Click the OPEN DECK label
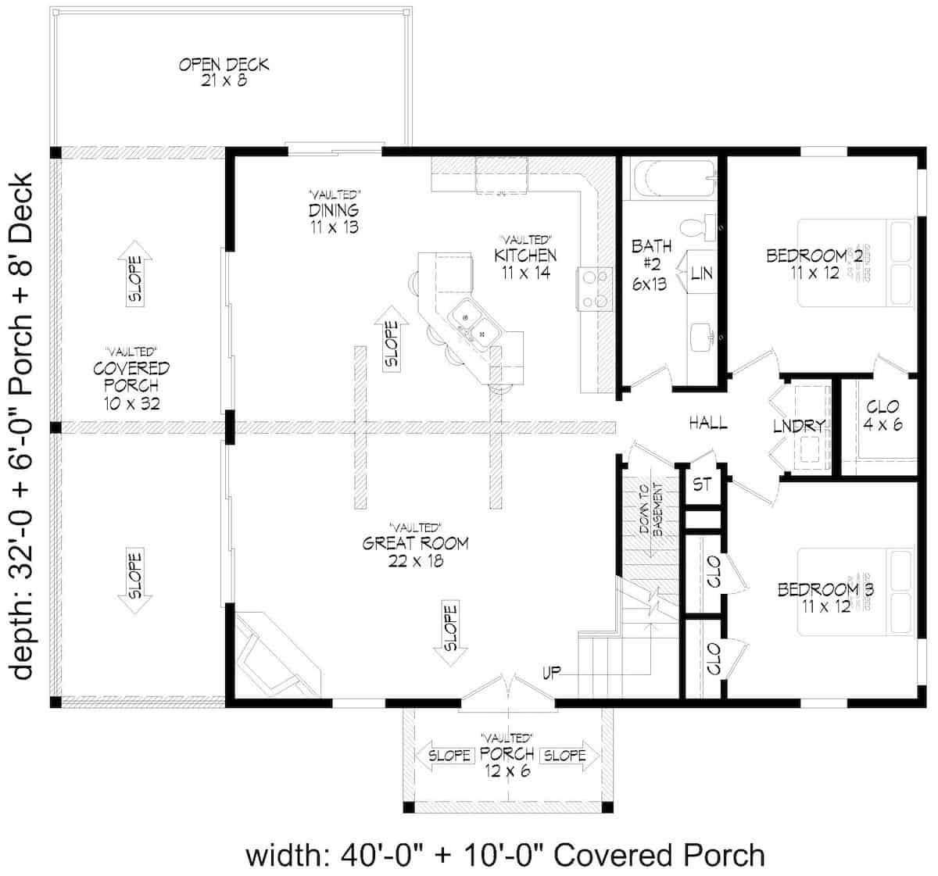click(x=224, y=72)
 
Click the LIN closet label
click(x=701, y=274)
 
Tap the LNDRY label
click(x=799, y=426)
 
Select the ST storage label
click(x=702, y=485)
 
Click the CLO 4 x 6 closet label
click(x=883, y=416)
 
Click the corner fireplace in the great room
click(x=274, y=656)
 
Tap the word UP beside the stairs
click(x=552, y=673)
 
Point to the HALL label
click(x=708, y=424)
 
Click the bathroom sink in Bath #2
click(x=702, y=337)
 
